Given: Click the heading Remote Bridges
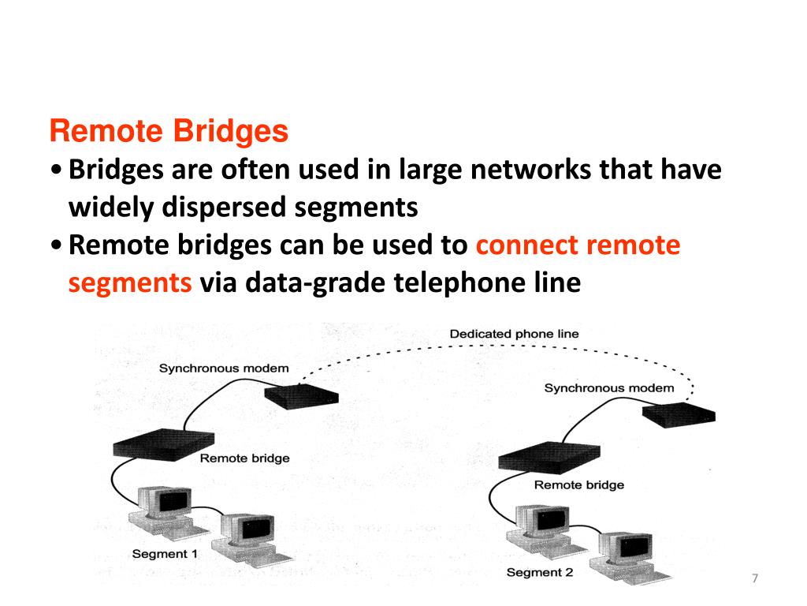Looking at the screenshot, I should [x=169, y=132].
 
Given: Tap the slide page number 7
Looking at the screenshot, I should [x=754, y=579].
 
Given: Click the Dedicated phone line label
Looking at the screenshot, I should [x=514, y=334].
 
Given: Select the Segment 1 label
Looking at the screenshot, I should [x=165, y=554].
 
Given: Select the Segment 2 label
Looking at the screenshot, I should [x=539, y=572].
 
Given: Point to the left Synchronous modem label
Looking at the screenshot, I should [x=224, y=368].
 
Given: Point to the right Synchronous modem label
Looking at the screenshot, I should [x=608, y=387].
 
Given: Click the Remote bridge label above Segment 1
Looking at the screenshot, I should [x=244, y=458].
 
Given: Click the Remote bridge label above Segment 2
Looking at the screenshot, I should [x=578, y=484].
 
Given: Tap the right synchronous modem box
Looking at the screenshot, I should [x=679, y=415].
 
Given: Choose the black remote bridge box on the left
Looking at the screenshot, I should [x=163, y=444].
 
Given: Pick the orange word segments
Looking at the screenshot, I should [x=130, y=282].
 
